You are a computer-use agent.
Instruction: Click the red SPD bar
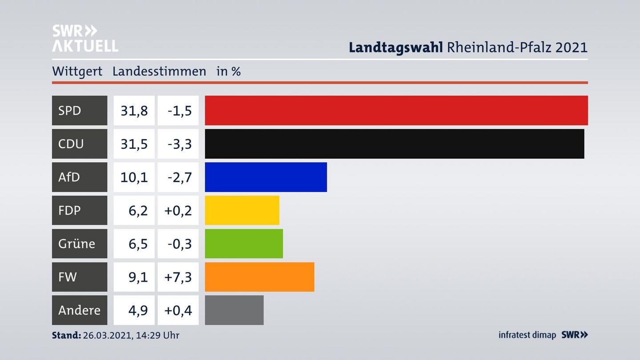point(396,110)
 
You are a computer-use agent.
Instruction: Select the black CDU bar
point(394,144)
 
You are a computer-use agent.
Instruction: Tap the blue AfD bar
point(266,177)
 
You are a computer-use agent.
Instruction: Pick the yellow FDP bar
point(242,210)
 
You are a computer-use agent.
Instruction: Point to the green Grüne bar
point(244,244)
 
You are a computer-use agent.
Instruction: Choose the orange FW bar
point(259,277)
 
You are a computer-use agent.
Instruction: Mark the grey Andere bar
point(234,310)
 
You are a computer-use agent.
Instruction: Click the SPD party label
point(70,110)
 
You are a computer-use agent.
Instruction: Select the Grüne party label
point(76,244)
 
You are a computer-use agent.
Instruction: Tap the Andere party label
point(79,310)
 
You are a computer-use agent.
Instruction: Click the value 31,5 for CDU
point(134,144)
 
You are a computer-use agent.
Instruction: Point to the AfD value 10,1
point(134,177)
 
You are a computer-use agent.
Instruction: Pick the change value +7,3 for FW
point(178,277)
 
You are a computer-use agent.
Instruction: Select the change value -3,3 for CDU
point(180,144)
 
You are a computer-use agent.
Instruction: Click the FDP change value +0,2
point(178,210)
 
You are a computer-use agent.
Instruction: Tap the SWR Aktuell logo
point(85,38)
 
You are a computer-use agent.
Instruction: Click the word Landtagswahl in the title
point(395,47)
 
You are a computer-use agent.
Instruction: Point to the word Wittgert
point(77,71)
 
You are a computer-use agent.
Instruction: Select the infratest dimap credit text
point(527,335)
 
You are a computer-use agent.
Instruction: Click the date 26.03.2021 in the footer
point(107,335)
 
